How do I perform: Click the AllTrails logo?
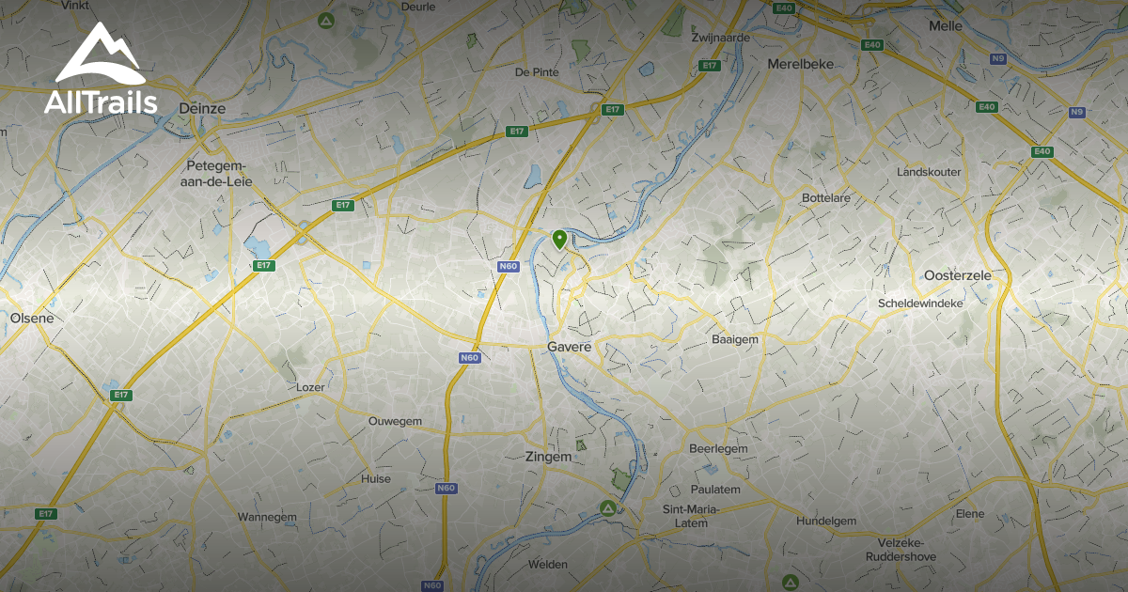pyautogui.click(x=100, y=70)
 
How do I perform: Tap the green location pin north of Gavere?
pyautogui.click(x=559, y=239)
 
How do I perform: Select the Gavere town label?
pyautogui.click(x=571, y=347)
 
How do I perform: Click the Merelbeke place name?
pyautogui.click(x=800, y=64)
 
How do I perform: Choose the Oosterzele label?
pyautogui.click(x=958, y=274)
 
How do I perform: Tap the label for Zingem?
pyautogui.click(x=549, y=457)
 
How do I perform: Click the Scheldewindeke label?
pyautogui.click(x=920, y=304)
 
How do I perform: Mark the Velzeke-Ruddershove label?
pyautogui.click(x=900, y=548)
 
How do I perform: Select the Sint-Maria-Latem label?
pyautogui.click(x=691, y=516)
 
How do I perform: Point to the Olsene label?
pyautogui.click(x=32, y=318)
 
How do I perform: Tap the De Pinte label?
pyautogui.click(x=537, y=71)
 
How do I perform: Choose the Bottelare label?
pyautogui.click(x=825, y=198)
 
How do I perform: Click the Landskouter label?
pyautogui.click(x=929, y=172)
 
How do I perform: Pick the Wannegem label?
pyautogui.click(x=267, y=517)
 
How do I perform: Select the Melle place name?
pyautogui.click(x=945, y=26)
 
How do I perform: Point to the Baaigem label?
pyautogui.click(x=735, y=338)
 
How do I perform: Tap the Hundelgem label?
pyautogui.click(x=826, y=521)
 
